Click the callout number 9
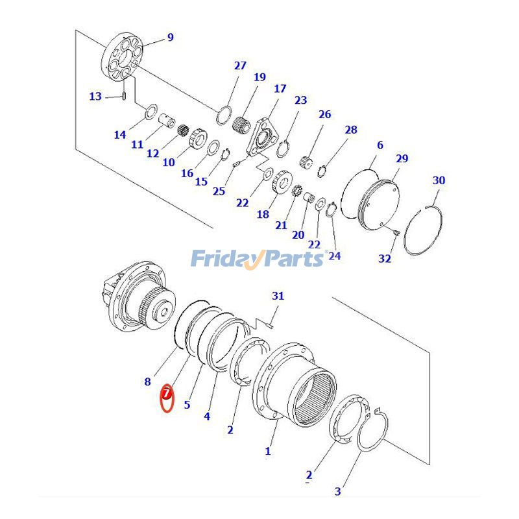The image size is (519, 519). pyautogui.click(x=170, y=38)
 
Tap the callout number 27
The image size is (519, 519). pyautogui.click(x=240, y=66)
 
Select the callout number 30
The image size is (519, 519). pyautogui.click(x=439, y=180)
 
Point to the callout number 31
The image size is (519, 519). pyautogui.click(x=278, y=296)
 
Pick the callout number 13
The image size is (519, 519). pyautogui.click(x=95, y=97)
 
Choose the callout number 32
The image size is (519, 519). pyautogui.click(x=385, y=258)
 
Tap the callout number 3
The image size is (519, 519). pyautogui.click(x=337, y=491)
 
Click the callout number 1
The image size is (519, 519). pyautogui.click(x=268, y=450)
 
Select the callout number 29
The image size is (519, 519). pyautogui.click(x=402, y=158)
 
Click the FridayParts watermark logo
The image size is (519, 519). pyautogui.click(x=258, y=258)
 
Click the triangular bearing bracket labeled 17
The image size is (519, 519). pyautogui.click(x=263, y=136)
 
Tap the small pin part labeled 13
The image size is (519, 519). pyautogui.click(x=124, y=97)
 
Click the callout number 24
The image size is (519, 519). pyautogui.click(x=334, y=256)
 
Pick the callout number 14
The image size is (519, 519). pyautogui.click(x=119, y=135)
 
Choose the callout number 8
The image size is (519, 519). pyautogui.click(x=147, y=381)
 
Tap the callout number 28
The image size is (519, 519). pyautogui.click(x=350, y=130)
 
